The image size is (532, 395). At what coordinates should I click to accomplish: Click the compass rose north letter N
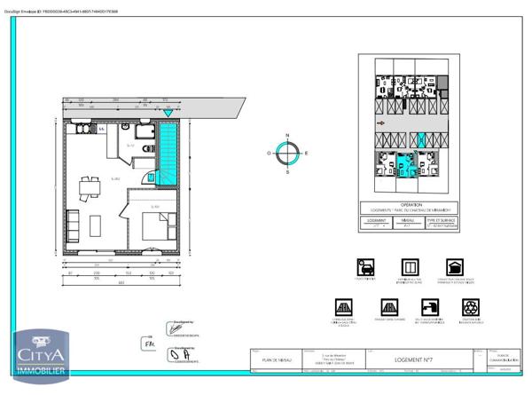pyautogui.click(x=286, y=138)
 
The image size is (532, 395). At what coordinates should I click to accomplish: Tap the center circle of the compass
pyautogui.click(x=286, y=154)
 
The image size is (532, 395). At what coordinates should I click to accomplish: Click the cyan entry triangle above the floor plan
pyautogui.click(x=168, y=113)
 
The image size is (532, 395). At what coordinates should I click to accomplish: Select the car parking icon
pyautogui.click(x=364, y=266)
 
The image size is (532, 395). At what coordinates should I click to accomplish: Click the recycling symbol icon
pyautogui.click(x=471, y=306)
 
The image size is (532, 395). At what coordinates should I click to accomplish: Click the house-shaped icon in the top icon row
pyautogui.click(x=454, y=266)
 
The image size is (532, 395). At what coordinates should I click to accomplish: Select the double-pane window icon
pyautogui.click(x=409, y=266)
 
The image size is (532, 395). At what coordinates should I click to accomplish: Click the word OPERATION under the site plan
pyautogui.click(x=408, y=203)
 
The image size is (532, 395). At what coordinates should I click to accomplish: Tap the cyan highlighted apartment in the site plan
pyautogui.click(x=406, y=165)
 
